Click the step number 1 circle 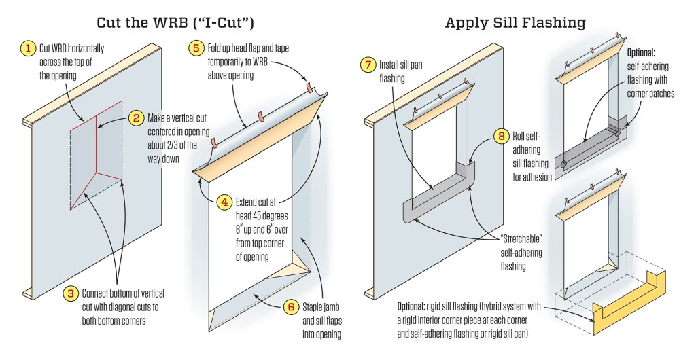[x=28, y=48]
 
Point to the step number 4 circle [x=225, y=202]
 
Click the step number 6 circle [x=291, y=306]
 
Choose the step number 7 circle [x=368, y=65]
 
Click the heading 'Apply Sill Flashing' [x=515, y=22]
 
